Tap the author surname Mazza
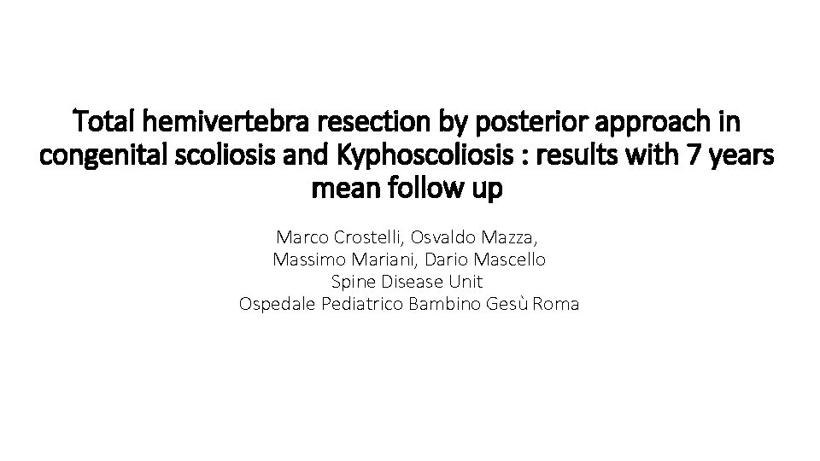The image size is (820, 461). point(515,235)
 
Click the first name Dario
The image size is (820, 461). point(450,258)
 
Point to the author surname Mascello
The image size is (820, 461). point(516,258)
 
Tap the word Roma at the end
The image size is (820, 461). point(555,303)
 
